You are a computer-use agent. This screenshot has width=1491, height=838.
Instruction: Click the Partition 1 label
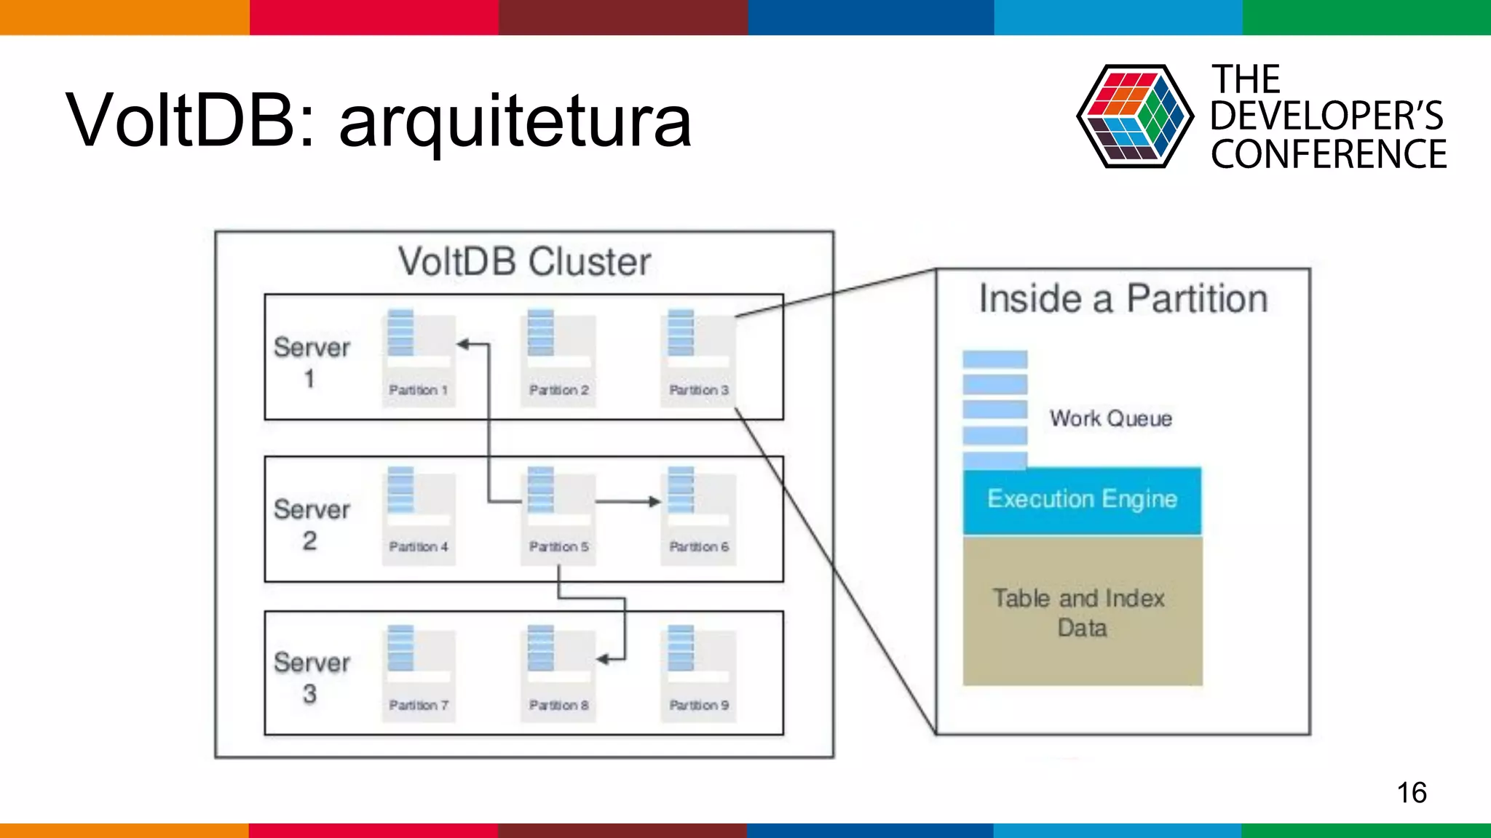418,390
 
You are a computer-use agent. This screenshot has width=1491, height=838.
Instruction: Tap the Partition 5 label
558,546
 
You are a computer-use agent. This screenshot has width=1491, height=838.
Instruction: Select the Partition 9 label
699,705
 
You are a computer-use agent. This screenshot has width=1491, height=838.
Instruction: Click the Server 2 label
312,524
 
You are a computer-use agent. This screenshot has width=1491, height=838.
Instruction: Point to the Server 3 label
312,677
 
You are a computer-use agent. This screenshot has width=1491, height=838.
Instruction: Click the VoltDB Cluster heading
524,262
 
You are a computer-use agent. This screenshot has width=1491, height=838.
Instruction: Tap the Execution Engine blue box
1082,500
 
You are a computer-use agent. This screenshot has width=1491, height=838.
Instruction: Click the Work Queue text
1110,418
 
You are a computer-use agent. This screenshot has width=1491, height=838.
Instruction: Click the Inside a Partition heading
1123,299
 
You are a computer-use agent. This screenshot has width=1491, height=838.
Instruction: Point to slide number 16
1411,792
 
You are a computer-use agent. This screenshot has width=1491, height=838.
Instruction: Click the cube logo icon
1134,116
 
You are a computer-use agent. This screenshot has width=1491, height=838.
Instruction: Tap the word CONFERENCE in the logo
1329,154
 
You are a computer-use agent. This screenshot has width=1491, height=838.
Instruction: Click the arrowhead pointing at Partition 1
462,344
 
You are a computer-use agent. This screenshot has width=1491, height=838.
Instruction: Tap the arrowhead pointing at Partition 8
602,659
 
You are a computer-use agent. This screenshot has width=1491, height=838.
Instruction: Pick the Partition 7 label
418,705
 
